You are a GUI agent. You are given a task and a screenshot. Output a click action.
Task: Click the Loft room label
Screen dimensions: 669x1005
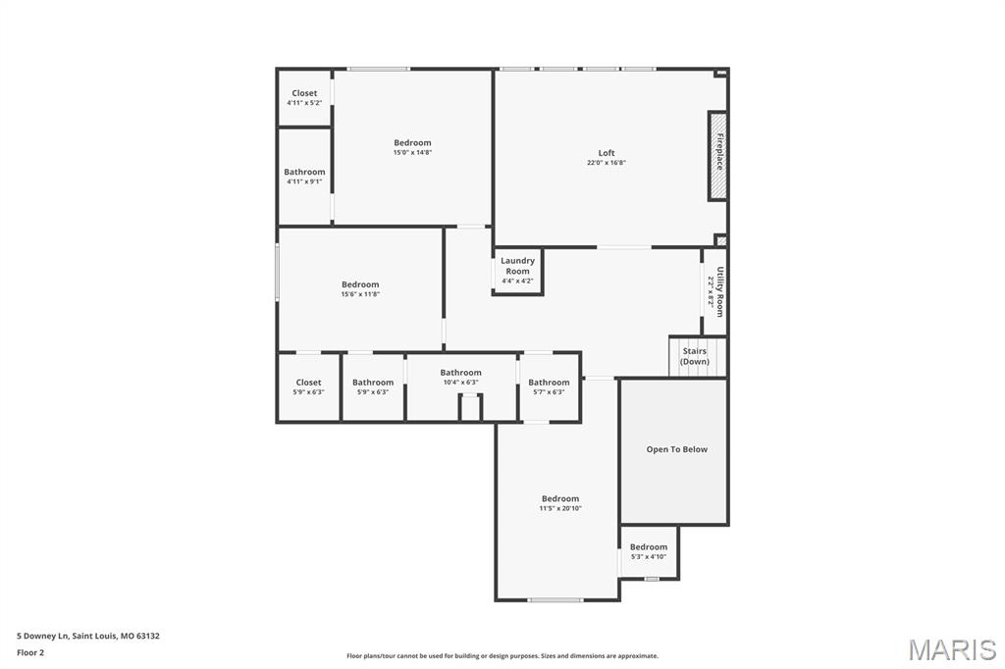point(607,153)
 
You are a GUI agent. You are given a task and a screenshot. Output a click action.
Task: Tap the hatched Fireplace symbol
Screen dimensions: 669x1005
point(718,155)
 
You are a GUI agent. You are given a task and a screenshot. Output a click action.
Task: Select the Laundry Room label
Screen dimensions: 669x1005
point(517,266)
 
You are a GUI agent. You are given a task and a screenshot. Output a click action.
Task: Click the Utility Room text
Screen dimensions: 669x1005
point(719,291)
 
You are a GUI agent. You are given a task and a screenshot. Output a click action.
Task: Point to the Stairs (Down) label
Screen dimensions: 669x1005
point(695,356)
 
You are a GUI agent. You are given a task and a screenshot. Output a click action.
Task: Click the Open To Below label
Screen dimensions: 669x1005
point(676,449)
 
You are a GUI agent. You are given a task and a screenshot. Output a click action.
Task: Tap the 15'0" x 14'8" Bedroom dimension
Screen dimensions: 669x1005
point(412,153)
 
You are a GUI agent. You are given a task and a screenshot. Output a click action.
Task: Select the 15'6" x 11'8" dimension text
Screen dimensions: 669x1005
point(360,294)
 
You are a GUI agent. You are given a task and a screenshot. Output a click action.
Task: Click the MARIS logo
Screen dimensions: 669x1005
point(952,649)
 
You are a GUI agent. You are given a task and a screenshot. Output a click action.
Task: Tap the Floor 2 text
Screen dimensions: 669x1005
point(30,652)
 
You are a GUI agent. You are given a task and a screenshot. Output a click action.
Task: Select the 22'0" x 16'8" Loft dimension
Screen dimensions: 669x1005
point(607,163)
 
